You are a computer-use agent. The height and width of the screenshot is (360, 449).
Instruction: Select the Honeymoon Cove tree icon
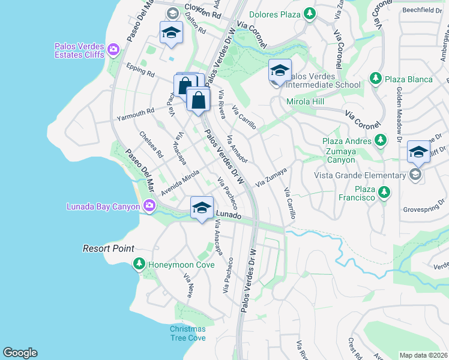pos(139,264)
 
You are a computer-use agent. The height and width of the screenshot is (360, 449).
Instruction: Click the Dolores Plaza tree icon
pos(309,13)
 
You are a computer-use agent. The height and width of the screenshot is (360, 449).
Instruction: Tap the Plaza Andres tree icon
pos(380,140)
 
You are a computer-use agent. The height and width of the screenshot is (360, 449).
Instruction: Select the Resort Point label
pos(108,248)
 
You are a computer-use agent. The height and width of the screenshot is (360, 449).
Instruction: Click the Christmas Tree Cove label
pos(187,334)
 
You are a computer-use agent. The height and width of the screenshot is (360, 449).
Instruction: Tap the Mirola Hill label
pos(305,102)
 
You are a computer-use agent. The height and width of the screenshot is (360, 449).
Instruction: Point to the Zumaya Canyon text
pos(346,152)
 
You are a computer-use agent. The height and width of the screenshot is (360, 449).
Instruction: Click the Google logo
pos(20,353)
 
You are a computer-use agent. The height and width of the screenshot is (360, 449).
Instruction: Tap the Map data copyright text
pos(424,355)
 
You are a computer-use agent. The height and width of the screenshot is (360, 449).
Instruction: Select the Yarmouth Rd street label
pos(136,113)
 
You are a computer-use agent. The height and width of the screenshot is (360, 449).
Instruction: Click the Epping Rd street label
pos(140,70)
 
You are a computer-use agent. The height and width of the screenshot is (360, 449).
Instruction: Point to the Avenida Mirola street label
pos(179,182)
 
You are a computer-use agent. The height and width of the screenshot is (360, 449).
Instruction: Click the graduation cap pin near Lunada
pos(202,209)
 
